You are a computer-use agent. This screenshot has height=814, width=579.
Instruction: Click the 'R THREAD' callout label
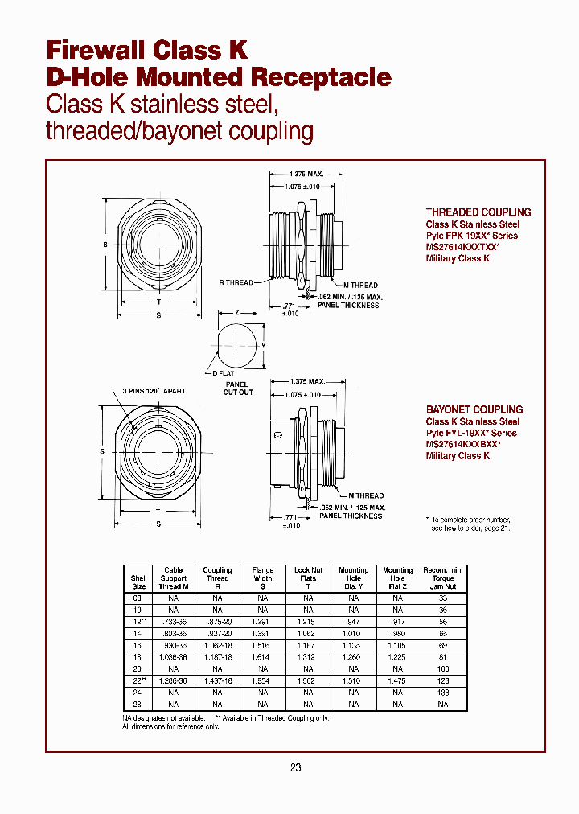(236, 282)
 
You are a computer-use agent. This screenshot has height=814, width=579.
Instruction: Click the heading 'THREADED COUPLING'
(478, 212)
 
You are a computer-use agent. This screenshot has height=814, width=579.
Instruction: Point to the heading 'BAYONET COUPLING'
(474, 409)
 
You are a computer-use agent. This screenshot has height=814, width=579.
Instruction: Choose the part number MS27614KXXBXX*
(463, 444)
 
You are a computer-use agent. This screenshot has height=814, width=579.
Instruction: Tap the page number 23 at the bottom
(295, 767)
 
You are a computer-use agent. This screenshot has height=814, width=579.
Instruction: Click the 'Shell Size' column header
(139, 582)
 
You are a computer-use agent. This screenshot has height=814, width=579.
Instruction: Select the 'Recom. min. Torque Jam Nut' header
(442, 578)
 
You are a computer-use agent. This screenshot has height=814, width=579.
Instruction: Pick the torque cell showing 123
(442, 680)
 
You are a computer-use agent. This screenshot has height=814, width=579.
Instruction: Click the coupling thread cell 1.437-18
(217, 680)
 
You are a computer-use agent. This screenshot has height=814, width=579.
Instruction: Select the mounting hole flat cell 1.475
(397, 680)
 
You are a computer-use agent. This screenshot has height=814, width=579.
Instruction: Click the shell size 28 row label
(139, 704)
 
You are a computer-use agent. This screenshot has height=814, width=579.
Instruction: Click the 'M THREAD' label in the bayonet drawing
(366, 495)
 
